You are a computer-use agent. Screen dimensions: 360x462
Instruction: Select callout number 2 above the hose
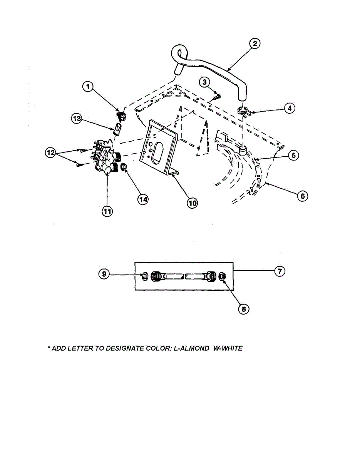[x=254, y=44]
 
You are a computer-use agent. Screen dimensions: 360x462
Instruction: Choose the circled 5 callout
[x=293, y=156]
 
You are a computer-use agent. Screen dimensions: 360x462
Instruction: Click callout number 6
[x=303, y=196]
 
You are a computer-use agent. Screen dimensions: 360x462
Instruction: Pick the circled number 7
[x=280, y=271]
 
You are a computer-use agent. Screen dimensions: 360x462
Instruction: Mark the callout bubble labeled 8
[x=244, y=309]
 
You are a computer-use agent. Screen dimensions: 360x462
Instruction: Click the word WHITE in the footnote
[x=231, y=348]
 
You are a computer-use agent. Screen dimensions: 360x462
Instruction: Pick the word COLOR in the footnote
[x=153, y=348]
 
